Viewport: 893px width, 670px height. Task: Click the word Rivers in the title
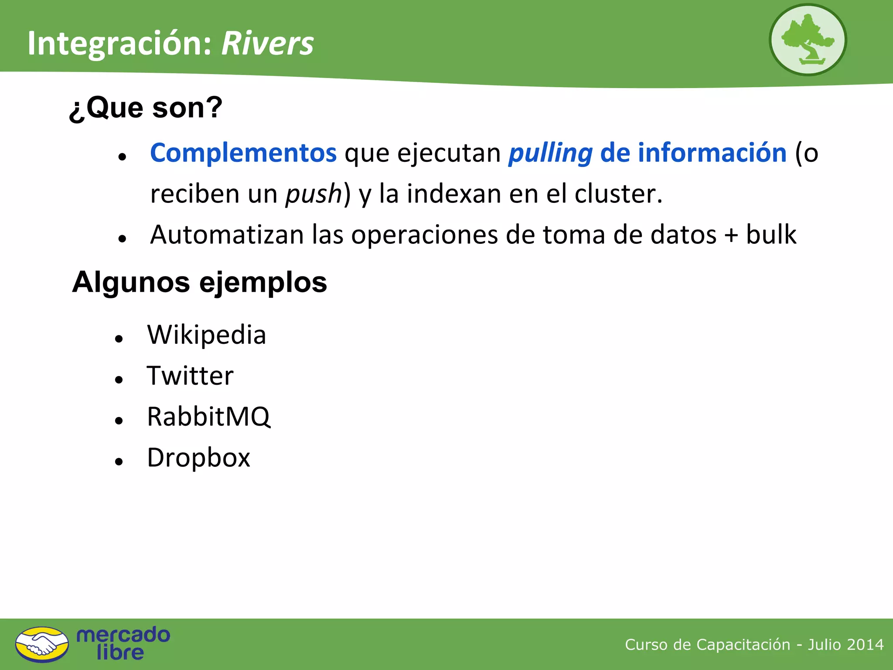(267, 44)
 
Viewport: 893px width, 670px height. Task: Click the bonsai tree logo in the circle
(808, 40)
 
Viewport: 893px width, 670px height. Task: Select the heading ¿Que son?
(146, 108)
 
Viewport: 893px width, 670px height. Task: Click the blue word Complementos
(243, 153)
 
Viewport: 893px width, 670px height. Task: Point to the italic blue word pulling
(550, 153)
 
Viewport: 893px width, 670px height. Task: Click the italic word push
(314, 194)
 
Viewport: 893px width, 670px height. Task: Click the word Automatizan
(227, 235)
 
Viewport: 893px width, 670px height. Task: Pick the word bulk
(771, 235)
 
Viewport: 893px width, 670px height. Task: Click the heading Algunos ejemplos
(199, 282)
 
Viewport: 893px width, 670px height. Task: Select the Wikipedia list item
(206, 335)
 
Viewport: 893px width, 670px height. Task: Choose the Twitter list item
(190, 376)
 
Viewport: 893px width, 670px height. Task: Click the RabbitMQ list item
(208, 417)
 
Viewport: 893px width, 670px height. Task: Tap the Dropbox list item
(198, 458)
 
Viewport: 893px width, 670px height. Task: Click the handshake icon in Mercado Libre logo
(42, 644)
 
